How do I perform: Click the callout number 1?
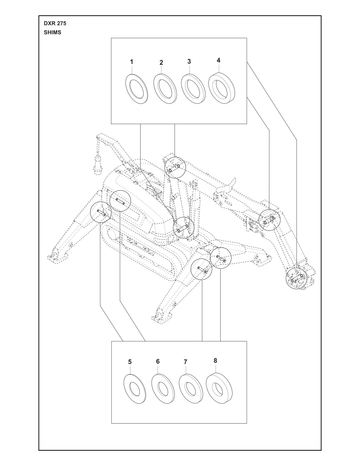(132, 62)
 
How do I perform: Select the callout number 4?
(218, 60)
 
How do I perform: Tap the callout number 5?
(130, 362)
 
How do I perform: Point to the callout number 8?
(215, 360)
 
